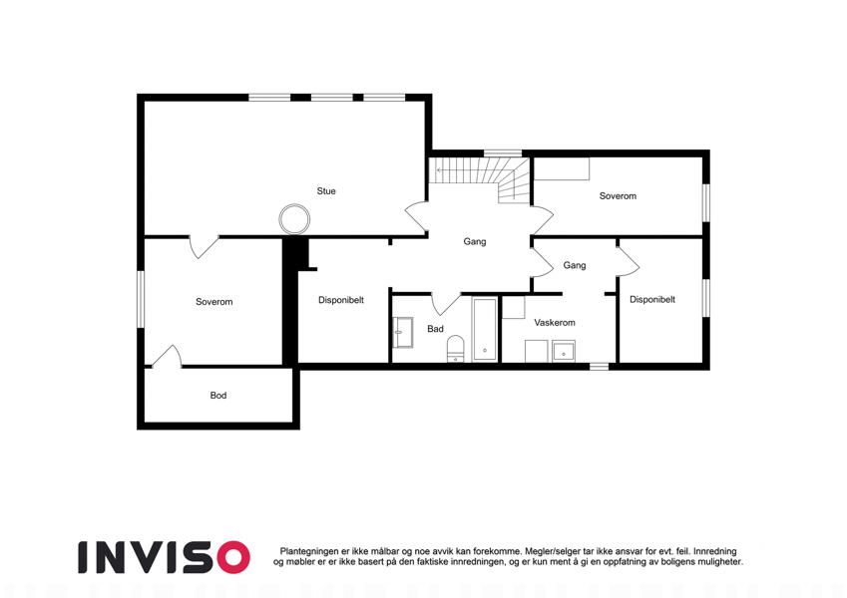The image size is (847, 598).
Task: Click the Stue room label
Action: pos(325,191)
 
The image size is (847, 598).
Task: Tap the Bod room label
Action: pos(218,396)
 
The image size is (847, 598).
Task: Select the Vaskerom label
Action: pos(555,323)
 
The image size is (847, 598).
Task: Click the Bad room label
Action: pos(435,329)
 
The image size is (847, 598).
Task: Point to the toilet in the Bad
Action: pos(456,349)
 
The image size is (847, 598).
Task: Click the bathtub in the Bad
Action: pos(485,329)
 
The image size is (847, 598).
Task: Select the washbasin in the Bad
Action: pos(403,332)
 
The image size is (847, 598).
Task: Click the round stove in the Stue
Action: pos(294,219)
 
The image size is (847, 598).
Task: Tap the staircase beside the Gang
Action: pos(479,179)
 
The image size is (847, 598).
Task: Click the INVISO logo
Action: pos(165,557)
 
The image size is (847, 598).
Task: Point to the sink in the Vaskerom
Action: pos(564,352)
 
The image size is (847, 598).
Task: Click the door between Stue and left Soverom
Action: pos(204,246)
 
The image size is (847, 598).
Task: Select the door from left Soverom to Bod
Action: pos(167,357)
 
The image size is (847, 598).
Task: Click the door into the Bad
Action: pos(446,304)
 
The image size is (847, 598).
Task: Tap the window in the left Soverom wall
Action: pos(141,299)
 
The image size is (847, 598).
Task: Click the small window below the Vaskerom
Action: pos(599,367)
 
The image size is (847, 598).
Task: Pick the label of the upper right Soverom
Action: pos(618,196)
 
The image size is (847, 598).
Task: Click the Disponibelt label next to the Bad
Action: pos(341,300)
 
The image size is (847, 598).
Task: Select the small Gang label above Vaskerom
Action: pos(575,265)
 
